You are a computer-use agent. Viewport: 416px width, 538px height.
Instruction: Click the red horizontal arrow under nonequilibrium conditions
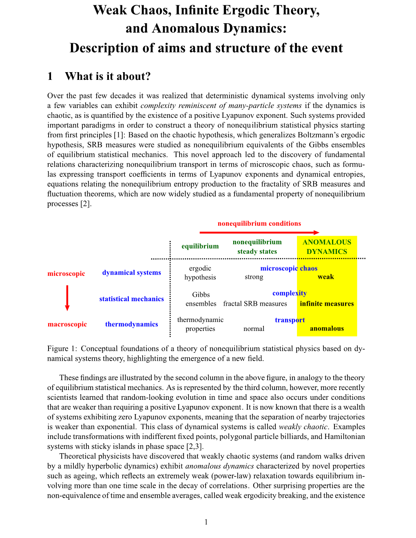259,232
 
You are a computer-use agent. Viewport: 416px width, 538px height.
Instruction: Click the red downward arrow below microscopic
67,298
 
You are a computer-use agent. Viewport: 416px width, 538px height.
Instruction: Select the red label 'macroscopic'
67,324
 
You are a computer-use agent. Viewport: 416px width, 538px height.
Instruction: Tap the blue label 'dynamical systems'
131,273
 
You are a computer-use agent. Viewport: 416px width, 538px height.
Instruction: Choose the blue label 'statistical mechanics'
131,299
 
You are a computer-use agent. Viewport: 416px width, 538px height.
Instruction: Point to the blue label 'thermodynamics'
131,324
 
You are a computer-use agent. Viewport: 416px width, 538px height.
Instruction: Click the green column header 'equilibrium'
200,246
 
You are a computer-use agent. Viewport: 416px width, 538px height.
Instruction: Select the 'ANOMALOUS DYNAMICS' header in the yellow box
327,247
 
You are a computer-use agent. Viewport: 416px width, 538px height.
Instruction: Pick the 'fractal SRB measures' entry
255,304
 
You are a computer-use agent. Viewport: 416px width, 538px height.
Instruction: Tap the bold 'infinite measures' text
327,304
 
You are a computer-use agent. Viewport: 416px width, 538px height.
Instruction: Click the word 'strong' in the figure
254,277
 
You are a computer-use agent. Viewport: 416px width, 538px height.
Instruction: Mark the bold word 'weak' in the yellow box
325,277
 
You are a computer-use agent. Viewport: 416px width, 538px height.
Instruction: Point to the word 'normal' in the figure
254,329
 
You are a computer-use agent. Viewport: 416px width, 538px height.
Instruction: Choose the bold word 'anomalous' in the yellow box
327,329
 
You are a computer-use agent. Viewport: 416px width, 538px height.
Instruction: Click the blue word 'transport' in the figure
290,320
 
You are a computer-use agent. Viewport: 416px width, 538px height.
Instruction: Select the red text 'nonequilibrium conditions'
259,223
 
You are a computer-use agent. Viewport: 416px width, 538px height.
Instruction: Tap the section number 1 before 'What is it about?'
50,77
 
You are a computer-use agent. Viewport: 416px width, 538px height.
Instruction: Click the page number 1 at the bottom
206,522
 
